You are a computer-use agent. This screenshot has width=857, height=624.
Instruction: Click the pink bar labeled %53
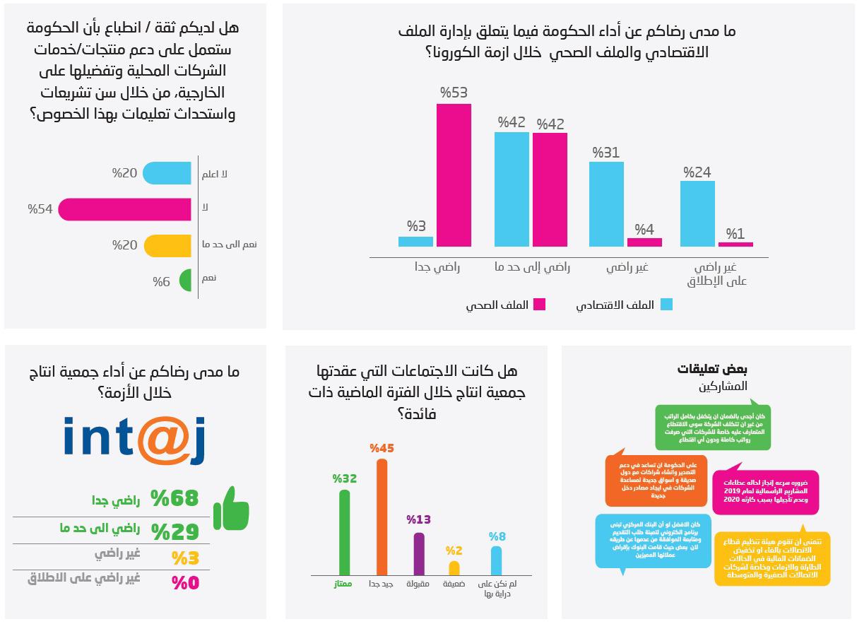454,175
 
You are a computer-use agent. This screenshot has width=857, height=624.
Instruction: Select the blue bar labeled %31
606,204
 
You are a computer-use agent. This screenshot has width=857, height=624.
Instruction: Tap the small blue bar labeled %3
415,242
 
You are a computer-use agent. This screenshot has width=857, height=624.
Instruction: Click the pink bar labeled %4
644,242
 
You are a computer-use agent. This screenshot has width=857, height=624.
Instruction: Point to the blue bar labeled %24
697,213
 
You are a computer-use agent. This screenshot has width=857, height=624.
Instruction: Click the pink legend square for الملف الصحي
539,305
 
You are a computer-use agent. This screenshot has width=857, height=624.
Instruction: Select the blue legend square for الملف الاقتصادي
666,305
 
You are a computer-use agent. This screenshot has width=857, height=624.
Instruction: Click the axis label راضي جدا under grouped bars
437,268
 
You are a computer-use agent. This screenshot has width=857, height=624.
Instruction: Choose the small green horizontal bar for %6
186,281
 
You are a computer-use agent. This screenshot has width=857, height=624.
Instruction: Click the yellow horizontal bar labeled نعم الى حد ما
168,245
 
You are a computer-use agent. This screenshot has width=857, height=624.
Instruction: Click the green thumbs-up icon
231,508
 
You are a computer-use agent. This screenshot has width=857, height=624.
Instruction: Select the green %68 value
175,499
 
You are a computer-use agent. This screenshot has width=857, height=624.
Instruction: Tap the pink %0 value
185,583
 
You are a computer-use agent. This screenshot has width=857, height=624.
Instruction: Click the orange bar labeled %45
382,517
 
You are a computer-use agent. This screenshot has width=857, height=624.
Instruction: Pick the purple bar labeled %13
419,554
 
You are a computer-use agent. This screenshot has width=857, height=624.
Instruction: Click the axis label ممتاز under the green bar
343,584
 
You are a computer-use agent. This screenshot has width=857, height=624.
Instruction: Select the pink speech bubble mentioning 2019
765,492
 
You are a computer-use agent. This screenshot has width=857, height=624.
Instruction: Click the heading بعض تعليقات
711,370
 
